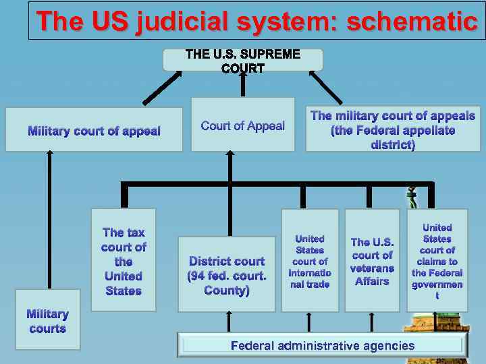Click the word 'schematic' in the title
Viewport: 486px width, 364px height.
[x=412, y=21]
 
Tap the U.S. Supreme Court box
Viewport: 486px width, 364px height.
[x=243, y=60]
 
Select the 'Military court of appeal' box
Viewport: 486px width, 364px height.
[x=94, y=130]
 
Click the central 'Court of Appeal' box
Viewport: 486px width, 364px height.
[x=243, y=125]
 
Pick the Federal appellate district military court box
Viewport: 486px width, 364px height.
[x=393, y=129]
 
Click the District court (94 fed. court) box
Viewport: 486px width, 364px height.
[x=227, y=274]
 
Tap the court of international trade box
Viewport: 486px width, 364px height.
[x=310, y=261]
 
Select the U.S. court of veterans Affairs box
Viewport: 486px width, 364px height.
[x=372, y=261]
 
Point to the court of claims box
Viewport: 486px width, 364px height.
[x=437, y=261]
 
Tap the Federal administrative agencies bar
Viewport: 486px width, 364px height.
[x=323, y=346]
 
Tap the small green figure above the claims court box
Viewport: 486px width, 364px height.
[x=412, y=198]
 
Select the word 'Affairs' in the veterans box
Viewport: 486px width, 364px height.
[x=372, y=281]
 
